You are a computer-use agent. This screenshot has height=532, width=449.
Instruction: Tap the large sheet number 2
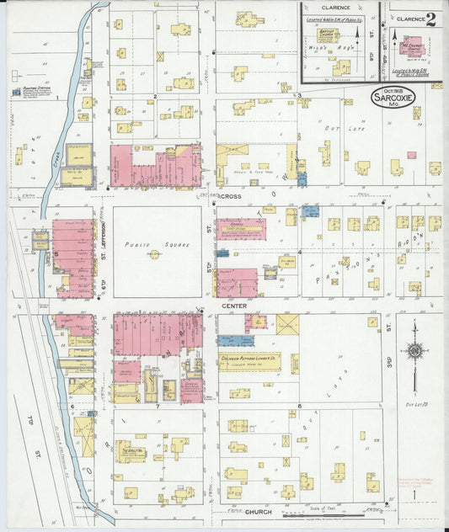pos(431,19)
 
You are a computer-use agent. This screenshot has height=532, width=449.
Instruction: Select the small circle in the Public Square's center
pos(155,253)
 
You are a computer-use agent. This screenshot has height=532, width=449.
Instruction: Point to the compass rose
pos(414,353)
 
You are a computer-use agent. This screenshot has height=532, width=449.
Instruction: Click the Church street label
pos(258,512)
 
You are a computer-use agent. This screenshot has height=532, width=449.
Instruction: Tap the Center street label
pos(235,306)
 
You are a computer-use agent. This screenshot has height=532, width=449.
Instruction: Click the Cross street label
pos(231,196)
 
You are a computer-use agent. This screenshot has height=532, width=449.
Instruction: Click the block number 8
pos(300,407)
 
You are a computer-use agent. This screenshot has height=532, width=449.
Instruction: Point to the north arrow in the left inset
pos(356,34)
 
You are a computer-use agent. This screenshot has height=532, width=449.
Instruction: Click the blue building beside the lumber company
pos(235,341)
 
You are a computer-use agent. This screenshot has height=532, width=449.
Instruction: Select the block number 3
pos(299,96)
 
